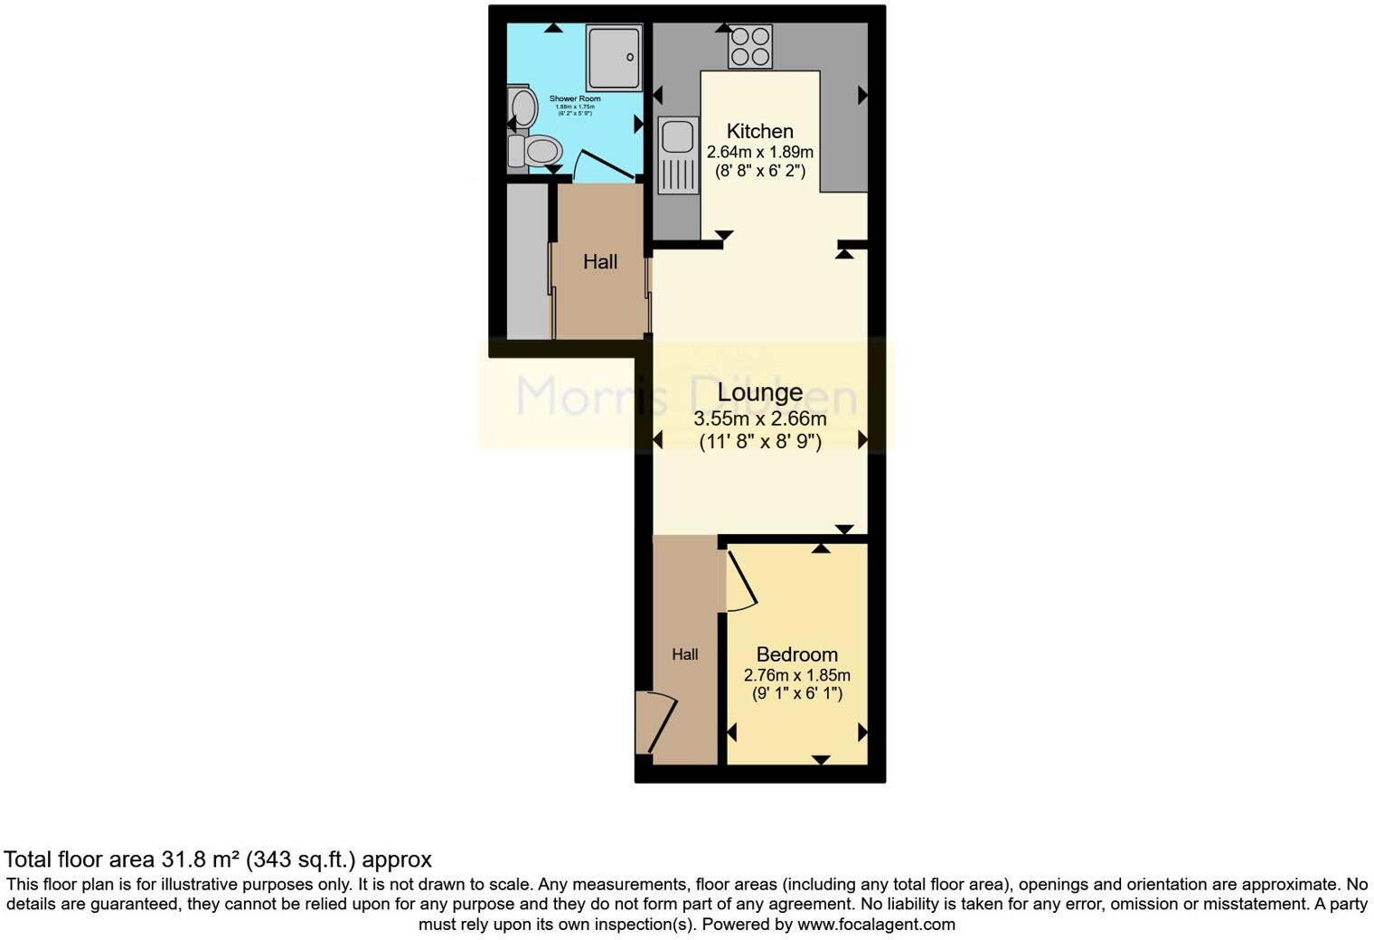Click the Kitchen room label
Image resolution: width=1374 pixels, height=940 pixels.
[759, 131]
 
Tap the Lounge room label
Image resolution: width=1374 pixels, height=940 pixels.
[759, 392]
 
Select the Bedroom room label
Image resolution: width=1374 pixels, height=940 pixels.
[796, 654]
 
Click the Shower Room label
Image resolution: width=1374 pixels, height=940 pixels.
[575, 99]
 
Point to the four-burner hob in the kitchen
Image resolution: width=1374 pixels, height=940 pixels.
[750, 46]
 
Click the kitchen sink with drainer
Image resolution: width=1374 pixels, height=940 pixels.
[677, 155]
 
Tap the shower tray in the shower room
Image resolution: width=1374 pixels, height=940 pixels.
[614, 57]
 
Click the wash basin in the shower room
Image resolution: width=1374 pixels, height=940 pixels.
[522, 108]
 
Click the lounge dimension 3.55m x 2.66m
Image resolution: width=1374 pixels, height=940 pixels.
[759, 418]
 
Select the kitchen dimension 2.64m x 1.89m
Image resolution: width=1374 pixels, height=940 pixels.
[759, 152]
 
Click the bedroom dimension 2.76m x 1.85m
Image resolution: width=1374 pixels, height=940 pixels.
[796, 675]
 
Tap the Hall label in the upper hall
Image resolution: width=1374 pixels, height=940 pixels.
[600, 262]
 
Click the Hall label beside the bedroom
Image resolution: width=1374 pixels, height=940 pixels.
[684, 654]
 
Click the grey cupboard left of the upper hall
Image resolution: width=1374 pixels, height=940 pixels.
[527, 261]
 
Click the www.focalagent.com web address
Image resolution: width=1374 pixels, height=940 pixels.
[876, 924]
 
